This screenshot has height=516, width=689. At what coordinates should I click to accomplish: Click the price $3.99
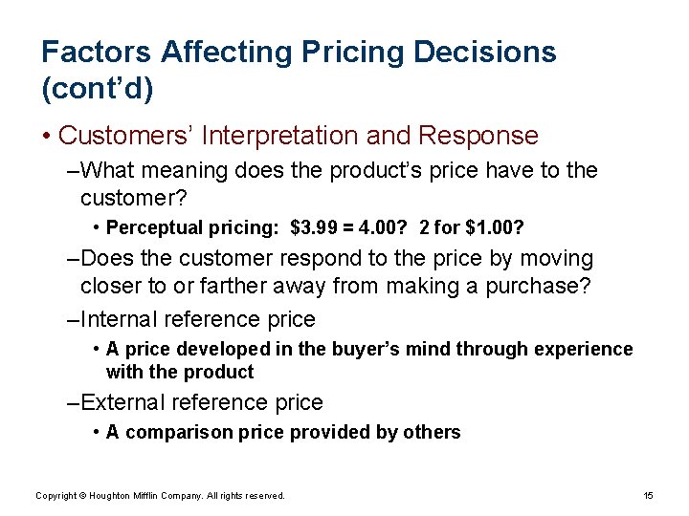[x=314, y=227]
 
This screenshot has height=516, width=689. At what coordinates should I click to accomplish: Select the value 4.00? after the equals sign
[x=385, y=227]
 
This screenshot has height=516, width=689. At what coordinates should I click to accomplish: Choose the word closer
[x=116, y=286]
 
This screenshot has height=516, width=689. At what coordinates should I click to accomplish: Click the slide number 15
[x=648, y=495]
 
